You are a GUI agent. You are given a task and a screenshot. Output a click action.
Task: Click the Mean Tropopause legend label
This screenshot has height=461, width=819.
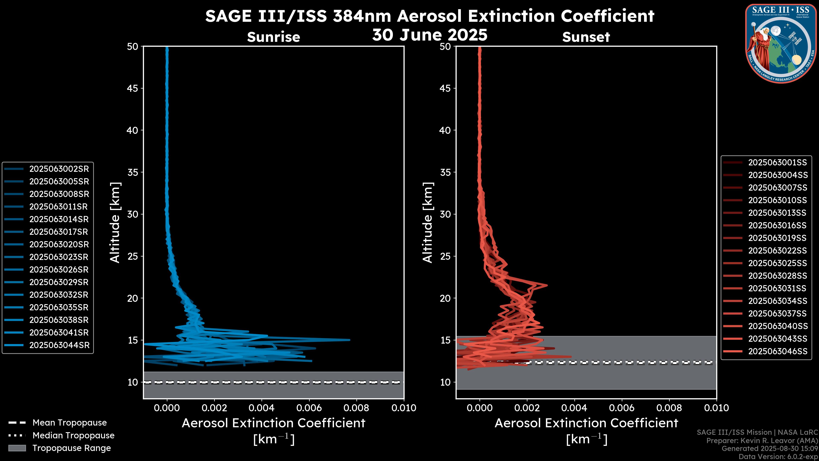tap(70, 423)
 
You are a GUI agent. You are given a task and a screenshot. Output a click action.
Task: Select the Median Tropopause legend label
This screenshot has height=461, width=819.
tap(73, 436)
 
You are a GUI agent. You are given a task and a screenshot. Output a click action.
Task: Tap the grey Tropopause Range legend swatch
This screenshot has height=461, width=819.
tap(17, 448)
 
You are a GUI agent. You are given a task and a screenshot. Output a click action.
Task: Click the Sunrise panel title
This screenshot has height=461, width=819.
tap(273, 37)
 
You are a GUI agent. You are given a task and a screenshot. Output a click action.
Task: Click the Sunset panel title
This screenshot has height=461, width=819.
tap(586, 37)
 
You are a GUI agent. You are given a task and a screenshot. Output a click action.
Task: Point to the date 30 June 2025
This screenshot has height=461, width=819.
tap(430, 35)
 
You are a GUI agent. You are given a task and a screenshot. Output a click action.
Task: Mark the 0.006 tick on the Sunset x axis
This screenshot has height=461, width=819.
tap(622, 408)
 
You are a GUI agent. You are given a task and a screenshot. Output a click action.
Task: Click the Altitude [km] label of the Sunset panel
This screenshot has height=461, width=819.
tap(428, 222)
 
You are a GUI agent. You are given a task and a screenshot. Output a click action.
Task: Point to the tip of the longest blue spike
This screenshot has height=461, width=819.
tap(349, 340)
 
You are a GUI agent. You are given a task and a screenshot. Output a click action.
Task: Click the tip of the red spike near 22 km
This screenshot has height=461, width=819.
tap(547, 285)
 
